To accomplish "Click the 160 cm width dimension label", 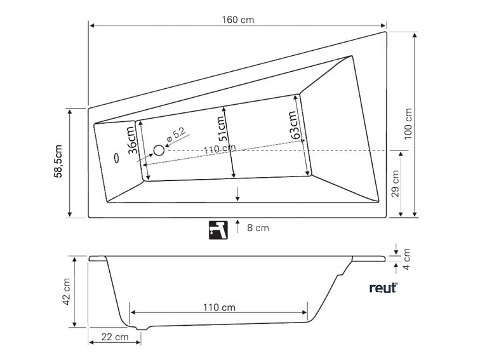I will (238, 20).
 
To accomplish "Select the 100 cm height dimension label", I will (408, 123).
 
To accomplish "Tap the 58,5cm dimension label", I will (58, 162).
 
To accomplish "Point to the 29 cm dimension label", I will (395, 183).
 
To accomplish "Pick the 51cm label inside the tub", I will (222, 129).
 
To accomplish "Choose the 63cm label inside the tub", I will (293, 126).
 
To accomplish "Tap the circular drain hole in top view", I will (159, 150).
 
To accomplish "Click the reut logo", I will (383, 288).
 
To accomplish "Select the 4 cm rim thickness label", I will (407, 257).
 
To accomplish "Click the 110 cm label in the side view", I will (219, 307).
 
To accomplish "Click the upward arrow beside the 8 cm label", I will (237, 226).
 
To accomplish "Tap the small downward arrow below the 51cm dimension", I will (237, 194).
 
